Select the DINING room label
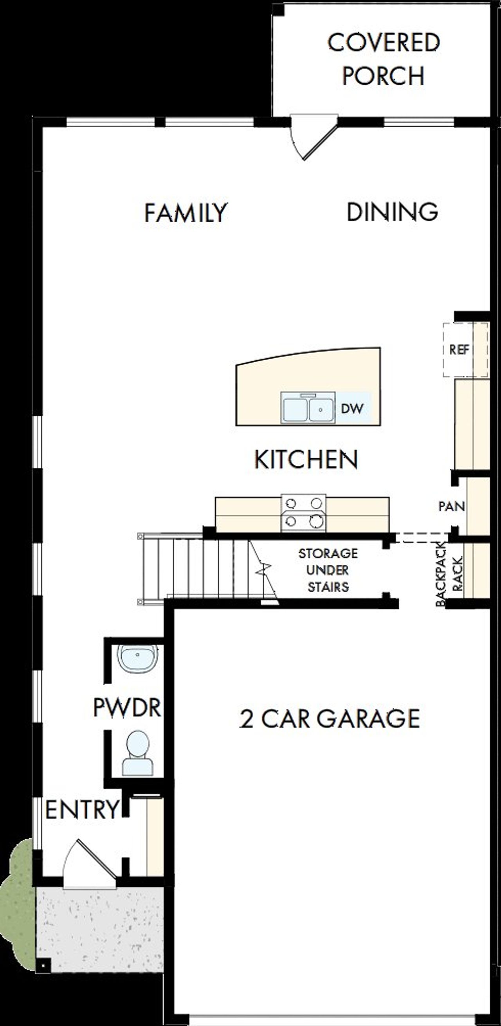click(392, 212)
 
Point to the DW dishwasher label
click(352, 408)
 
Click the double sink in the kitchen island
click(308, 408)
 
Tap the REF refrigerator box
click(459, 350)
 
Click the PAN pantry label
click(452, 506)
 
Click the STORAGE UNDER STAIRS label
click(328, 570)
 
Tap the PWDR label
click(127, 706)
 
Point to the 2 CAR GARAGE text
click(329, 719)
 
